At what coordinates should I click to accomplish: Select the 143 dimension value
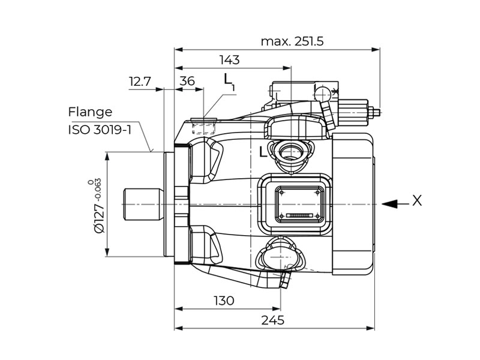pos(229,60)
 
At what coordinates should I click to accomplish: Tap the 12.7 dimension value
pos(139,82)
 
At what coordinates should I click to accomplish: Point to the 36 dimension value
pos(187,82)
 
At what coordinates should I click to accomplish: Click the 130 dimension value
pos(224,301)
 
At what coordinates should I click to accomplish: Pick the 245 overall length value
pos(273,320)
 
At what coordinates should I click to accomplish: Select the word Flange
pos(90,112)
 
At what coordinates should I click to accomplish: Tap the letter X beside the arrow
pos(416,201)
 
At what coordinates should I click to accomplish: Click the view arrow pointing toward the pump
pos(391,203)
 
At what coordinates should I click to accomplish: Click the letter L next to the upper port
pos(262,152)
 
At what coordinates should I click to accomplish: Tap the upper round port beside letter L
pos(292,151)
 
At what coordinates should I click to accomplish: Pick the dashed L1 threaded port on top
pos(203,127)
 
